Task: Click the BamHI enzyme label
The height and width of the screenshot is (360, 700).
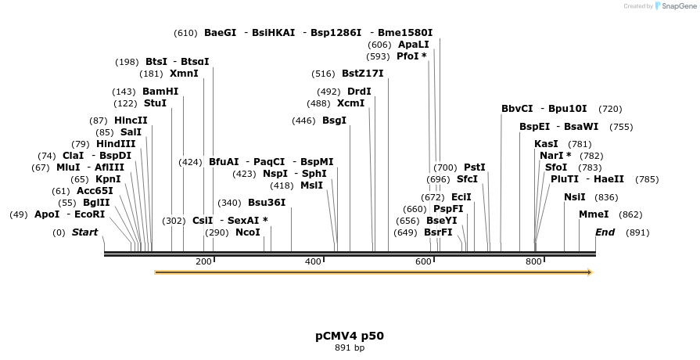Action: click(160, 92)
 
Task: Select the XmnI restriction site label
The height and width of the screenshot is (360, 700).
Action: click(184, 74)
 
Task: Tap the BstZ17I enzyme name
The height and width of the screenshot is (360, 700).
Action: click(363, 74)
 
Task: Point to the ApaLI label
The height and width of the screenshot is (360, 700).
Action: click(414, 45)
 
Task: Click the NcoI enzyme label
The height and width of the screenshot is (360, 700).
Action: click(248, 232)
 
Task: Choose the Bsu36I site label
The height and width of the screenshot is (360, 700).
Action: click(267, 203)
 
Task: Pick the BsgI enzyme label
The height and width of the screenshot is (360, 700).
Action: click(334, 121)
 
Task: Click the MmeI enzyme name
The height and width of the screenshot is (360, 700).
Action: click(594, 214)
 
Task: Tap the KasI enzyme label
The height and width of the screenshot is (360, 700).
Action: click(546, 144)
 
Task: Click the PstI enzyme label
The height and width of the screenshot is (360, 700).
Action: click(475, 167)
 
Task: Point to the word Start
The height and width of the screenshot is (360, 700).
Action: click(85, 232)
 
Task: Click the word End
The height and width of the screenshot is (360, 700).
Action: click(605, 232)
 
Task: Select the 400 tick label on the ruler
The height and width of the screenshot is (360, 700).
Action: click(313, 261)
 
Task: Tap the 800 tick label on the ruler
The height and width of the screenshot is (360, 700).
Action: click(533, 261)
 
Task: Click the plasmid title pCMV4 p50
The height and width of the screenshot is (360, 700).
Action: click(350, 336)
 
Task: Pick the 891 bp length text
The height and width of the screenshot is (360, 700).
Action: click(350, 347)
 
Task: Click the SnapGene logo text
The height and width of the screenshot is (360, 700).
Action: click(677, 6)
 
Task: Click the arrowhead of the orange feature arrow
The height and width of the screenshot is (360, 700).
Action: click(590, 272)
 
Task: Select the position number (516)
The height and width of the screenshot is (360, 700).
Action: click(323, 74)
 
